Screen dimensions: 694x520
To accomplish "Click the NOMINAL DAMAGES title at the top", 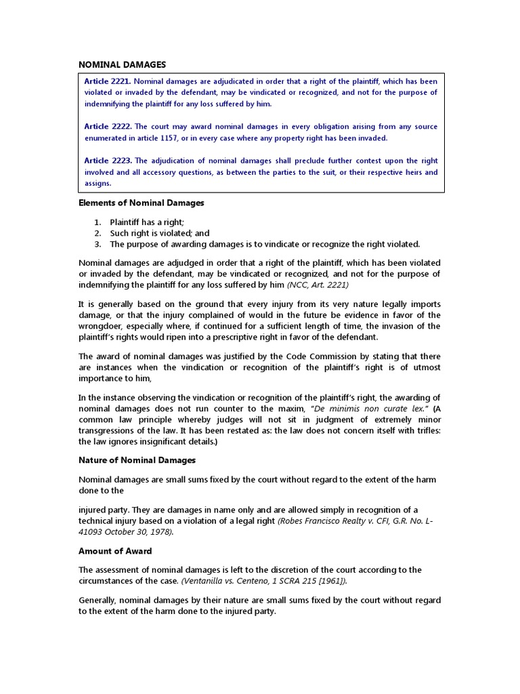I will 122,64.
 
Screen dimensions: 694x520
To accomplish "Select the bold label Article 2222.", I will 107,127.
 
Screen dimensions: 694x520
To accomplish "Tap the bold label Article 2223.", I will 107,161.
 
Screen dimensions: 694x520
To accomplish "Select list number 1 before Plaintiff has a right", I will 97,222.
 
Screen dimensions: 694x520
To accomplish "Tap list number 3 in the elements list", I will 97,244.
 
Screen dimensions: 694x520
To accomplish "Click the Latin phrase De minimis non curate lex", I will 366,409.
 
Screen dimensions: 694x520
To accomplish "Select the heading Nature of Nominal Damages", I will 137,460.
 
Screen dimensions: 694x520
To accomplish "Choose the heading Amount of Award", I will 115,551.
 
